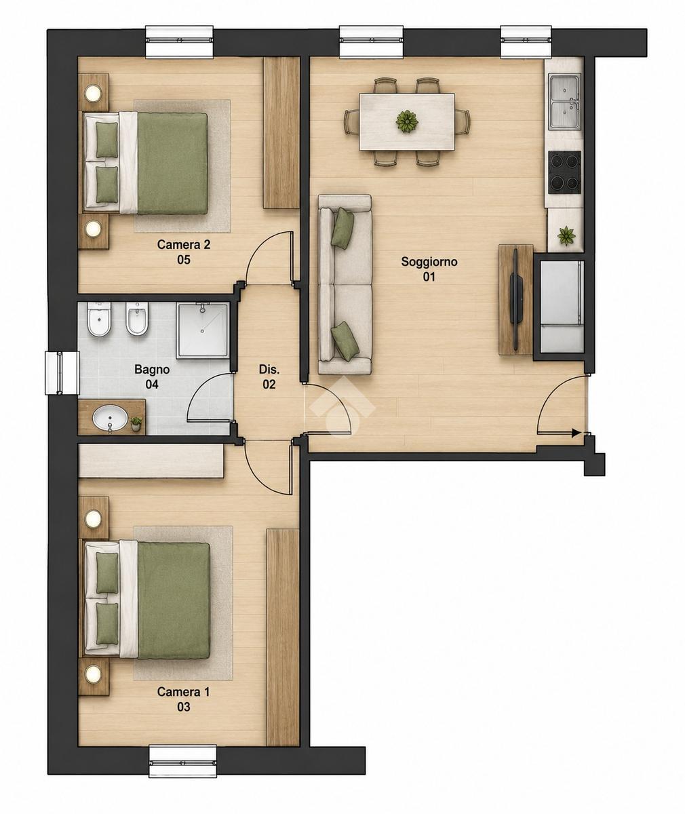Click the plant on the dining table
(x=407, y=121)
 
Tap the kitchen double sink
(x=565, y=102)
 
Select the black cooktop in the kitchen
(x=564, y=172)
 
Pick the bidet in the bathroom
(x=136, y=319)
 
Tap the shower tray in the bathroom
(x=202, y=330)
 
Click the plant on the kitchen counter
(x=566, y=236)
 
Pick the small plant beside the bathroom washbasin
(x=136, y=423)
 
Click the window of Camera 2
(x=180, y=41)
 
